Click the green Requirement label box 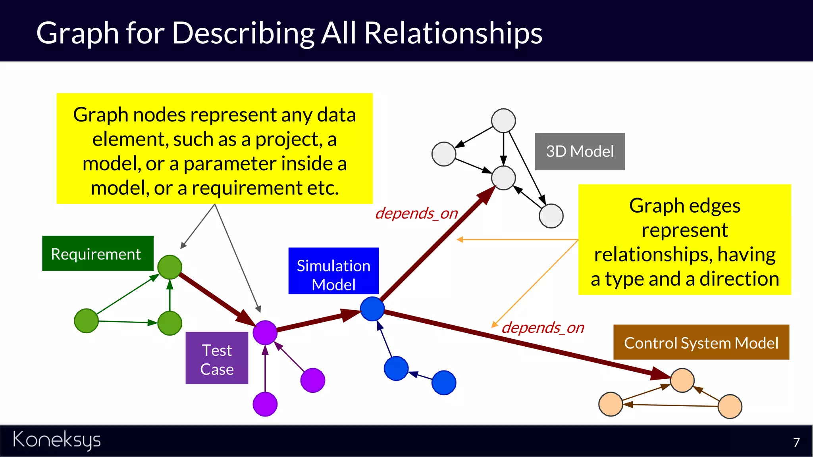click(x=98, y=253)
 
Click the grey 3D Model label click(x=580, y=152)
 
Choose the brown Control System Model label click(x=701, y=342)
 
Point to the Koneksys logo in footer click(x=57, y=440)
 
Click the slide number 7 click(x=796, y=442)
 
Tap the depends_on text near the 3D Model click(x=416, y=213)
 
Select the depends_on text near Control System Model click(x=543, y=328)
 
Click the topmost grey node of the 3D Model click(x=503, y=121)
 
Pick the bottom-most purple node click(x=265, y=404)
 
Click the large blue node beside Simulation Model click(x=372, y=309)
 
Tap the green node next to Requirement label click(x=170, y=267)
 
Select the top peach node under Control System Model click(x=682, y=380)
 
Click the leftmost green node click(x=86, y=321)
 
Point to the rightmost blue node click(x=444, y=383)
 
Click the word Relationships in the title click(x=453, y=33)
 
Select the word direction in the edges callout click(x=739, y=279)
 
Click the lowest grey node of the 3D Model click(x=551, y=216)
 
